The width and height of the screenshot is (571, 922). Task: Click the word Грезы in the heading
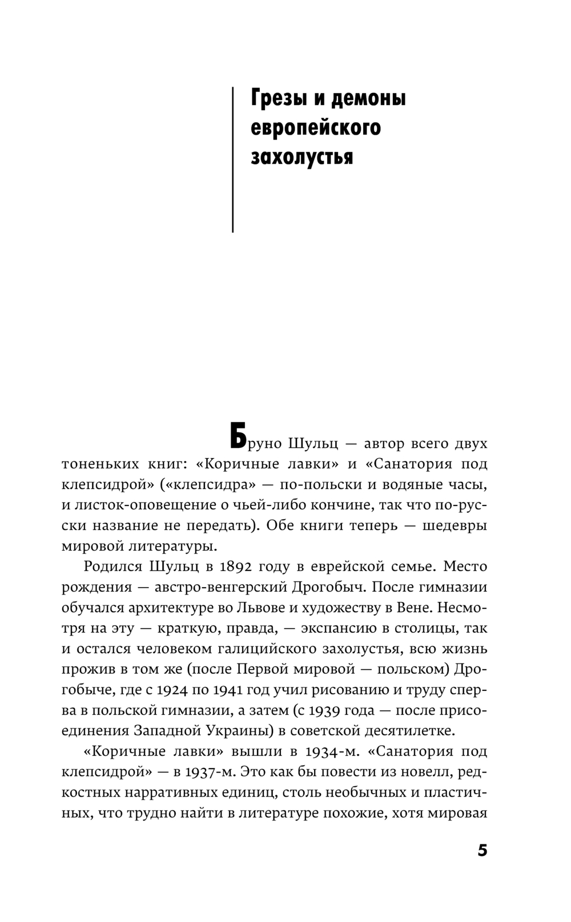[x=276, y=99]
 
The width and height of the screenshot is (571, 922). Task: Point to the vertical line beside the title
[x=233, y=160]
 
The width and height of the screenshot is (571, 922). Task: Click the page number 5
[x=482, y=851]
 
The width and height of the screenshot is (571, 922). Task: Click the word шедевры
[x=455, y=525]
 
